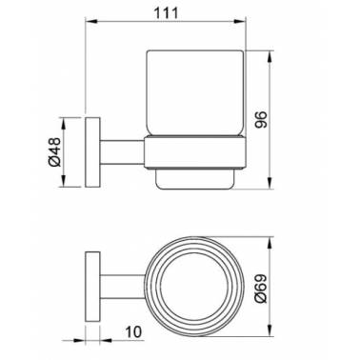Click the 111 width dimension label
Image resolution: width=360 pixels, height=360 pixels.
(166, 13)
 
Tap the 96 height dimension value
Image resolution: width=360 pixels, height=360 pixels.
(262, 119)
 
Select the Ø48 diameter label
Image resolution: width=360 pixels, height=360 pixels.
(54, 151)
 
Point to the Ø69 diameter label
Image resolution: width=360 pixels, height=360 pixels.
(262, 289)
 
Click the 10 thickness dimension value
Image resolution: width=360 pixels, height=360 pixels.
(133, 332)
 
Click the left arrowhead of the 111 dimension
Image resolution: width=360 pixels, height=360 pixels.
(90, 21)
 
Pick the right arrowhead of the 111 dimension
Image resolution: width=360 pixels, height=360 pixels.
(240, 21)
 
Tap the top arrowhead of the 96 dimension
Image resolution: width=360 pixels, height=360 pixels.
(270, 56)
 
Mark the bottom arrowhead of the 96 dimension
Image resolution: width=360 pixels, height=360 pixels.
(270, 183)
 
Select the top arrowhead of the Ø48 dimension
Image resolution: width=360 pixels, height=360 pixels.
(64, 124)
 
